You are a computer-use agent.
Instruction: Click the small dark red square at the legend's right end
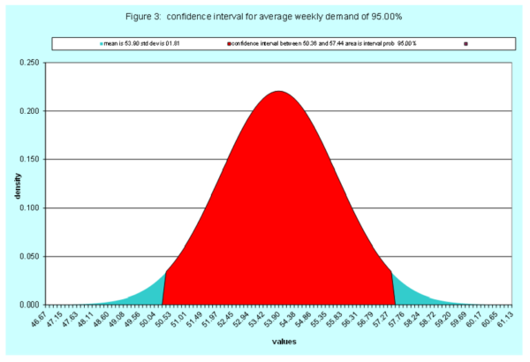pyautogui.click(x=466, y=43)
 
